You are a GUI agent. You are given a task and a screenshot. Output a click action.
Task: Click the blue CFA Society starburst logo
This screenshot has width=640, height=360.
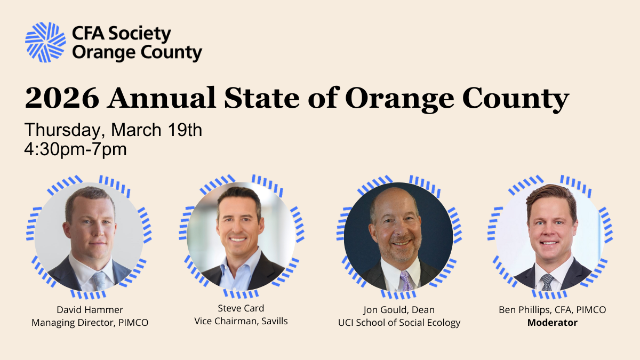tap(45, 42)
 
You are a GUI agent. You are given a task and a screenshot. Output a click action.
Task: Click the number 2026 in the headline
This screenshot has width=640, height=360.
tap(62, 98)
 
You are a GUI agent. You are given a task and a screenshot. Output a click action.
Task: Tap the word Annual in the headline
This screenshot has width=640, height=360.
tap(162, 98)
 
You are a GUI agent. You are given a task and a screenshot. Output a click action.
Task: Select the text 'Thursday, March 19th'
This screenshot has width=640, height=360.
tap(114, 130)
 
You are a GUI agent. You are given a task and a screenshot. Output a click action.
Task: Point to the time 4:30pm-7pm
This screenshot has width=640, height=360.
tap(75, 149)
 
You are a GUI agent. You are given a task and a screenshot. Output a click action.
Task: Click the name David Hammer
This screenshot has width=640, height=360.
tap(90, 310)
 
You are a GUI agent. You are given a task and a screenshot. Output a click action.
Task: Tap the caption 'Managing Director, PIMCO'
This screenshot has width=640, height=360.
tap(90, 323)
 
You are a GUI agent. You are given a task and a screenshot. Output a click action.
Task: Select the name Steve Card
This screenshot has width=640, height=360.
tap(241, 308)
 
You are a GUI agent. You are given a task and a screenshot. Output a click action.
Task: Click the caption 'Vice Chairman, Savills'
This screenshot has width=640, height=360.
tap(241, 321)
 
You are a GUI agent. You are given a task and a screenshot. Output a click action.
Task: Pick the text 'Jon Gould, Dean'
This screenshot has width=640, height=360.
tap(399, 310)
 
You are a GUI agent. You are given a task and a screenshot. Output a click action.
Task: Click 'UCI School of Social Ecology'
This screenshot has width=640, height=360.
tap(399, 323)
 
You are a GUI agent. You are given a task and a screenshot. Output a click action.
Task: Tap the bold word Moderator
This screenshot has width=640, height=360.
tap(553, 323)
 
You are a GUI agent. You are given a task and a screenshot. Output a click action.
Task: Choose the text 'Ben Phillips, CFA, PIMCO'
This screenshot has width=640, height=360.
tap(553, 310)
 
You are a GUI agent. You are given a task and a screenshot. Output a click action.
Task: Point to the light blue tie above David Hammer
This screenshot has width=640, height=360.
tap(99, 281)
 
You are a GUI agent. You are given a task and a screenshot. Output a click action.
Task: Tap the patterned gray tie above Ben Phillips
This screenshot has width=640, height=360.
tap(547, 282)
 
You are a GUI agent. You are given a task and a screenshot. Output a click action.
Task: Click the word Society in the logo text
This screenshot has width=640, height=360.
tap(140, 34)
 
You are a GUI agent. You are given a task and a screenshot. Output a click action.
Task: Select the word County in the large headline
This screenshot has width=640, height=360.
tap(516, 99)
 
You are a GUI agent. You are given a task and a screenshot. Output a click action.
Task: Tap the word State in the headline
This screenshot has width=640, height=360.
tap(262, 98)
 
